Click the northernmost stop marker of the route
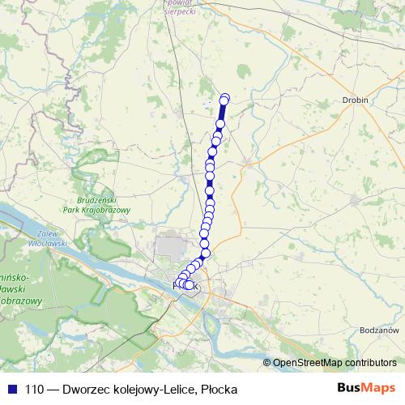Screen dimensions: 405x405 pyautogui.click(x=225, y=98)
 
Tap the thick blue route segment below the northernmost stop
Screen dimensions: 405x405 pyautogui.click(x=223, y=111)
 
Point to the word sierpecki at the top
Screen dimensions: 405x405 pyautogui.click(x=180, y=12)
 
